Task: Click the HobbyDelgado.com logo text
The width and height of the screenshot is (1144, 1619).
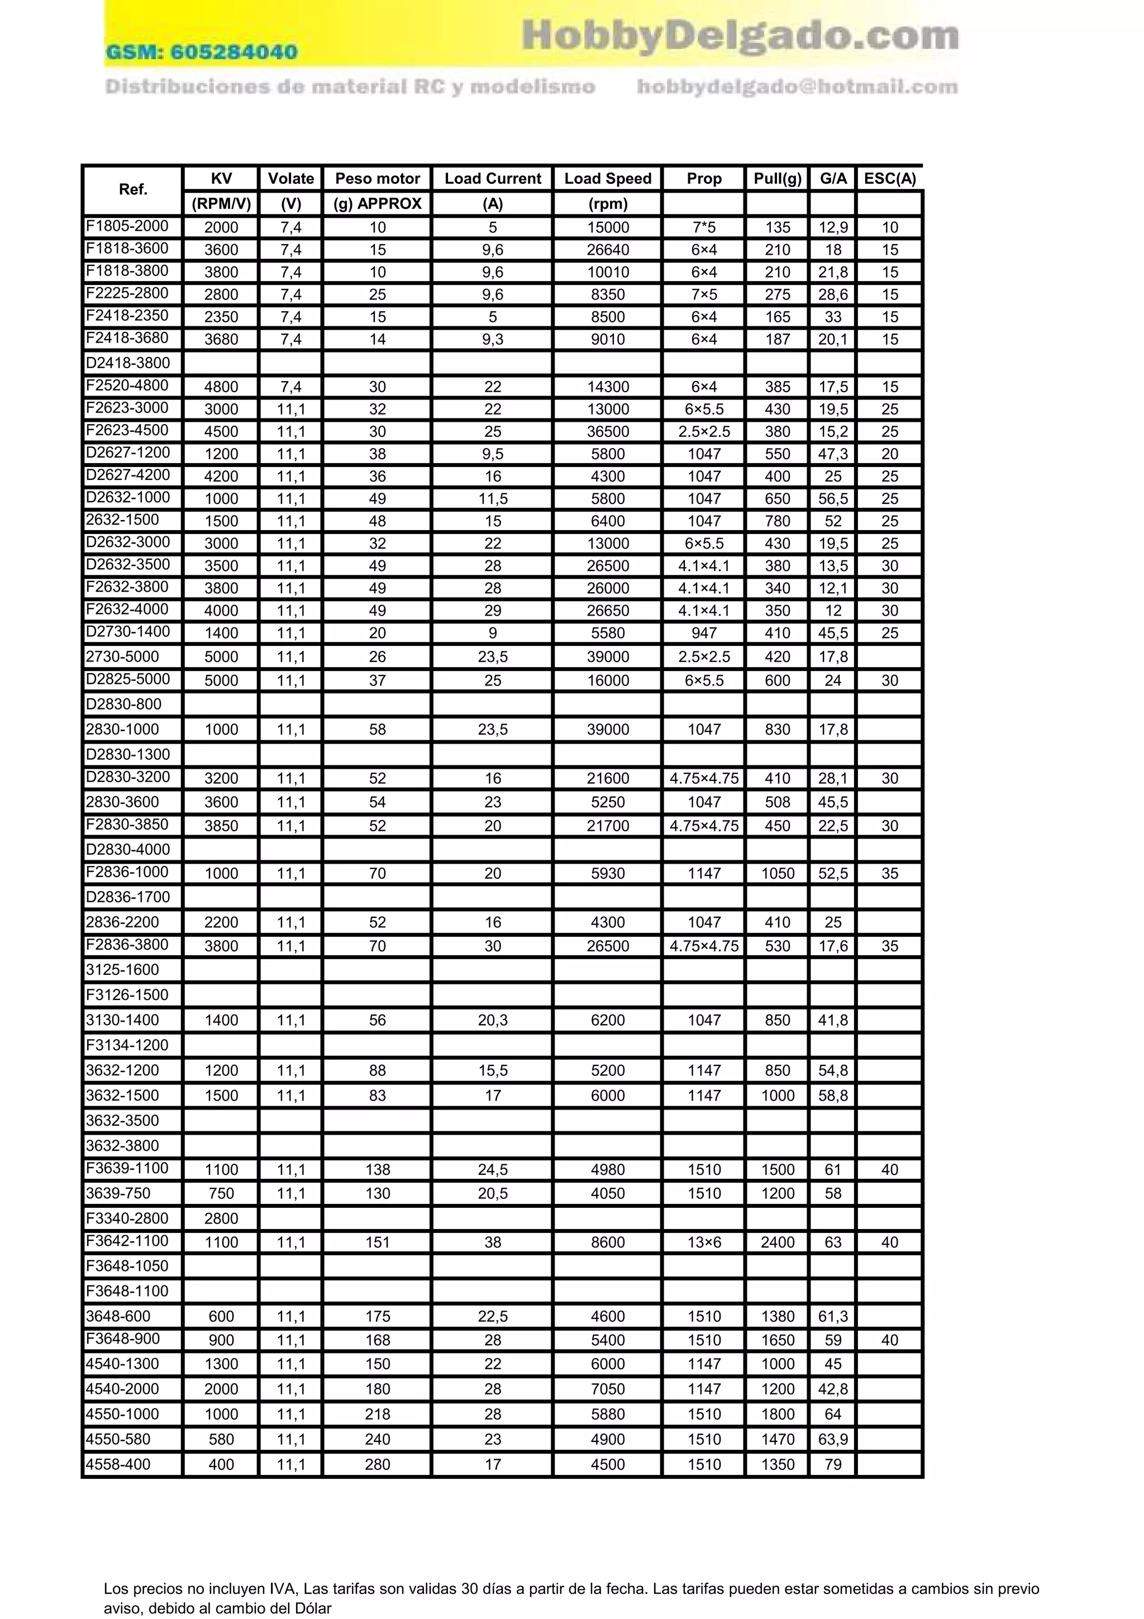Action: [x=740, y=35]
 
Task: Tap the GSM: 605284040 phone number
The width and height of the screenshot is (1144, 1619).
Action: [x=202, y=51]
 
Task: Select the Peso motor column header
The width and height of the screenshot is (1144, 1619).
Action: [x=377, y=178]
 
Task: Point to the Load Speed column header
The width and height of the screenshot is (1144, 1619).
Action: [x=608, y=178]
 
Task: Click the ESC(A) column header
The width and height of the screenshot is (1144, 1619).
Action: [x=889, y=178]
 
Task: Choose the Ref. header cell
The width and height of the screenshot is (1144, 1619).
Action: [x=132, y=189]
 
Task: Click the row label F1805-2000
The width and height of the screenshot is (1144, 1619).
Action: [x=127, y=226]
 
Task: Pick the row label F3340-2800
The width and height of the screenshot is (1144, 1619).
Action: [x=127, y=1218]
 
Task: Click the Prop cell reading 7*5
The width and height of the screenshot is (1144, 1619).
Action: [x=703, y=227]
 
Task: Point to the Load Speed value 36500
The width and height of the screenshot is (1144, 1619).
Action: [x=608, y=431]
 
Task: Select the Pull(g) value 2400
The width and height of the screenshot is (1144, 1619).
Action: [x=778, y=1242]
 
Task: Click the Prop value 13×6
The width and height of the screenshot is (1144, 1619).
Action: [x=703, y=1242]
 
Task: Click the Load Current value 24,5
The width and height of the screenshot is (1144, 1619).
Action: [x=493, y=1169]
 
